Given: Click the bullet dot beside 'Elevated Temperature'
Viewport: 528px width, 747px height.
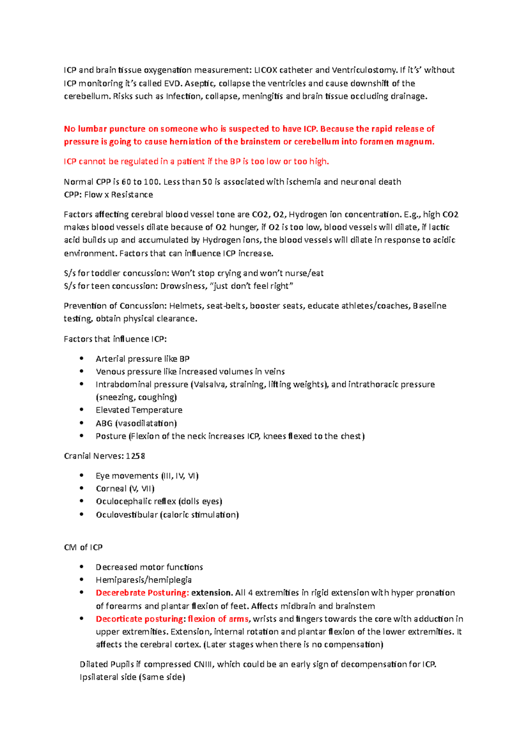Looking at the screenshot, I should pyautogui.click(x=82, y=410).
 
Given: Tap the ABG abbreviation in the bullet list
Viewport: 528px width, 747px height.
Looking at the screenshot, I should pyautogui.click(x=104, y=423).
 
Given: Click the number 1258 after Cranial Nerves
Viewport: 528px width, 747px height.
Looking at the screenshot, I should pyautogui.click(x=136, y=456).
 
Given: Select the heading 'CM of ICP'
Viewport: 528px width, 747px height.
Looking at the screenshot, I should pyautogui.click(x=83, y=547).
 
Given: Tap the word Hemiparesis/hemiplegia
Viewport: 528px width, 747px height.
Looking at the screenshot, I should pyautogui.click(x=143, y=580).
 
